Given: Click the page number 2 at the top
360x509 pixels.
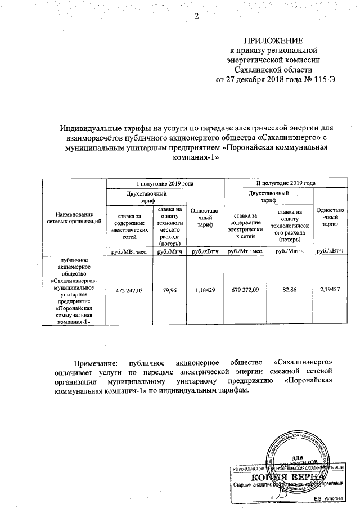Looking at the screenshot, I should [197, 15].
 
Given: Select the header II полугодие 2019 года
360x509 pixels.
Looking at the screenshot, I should [286, 183].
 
